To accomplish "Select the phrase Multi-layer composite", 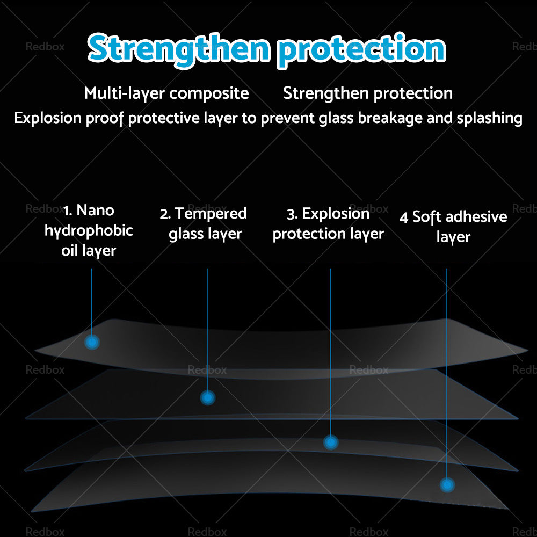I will click(166, 93).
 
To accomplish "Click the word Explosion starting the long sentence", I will click(48, 118).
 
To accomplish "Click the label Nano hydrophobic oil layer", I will click(89, 230).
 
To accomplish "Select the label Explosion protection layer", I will click(328, 223).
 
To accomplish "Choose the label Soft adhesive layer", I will click(453, 227).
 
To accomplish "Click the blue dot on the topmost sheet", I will click(92, 342).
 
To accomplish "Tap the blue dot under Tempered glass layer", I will click(207, 398).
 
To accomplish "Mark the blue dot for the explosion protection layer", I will click(331, 442).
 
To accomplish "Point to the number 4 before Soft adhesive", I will click(404, 217).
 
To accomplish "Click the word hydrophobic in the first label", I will click(89, 231).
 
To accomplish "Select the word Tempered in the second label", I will click(211, 214).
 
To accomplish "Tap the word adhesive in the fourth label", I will click(476, 217).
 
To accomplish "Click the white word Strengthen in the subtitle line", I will click(326, 93).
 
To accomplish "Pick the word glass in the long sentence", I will click(337, 118).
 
